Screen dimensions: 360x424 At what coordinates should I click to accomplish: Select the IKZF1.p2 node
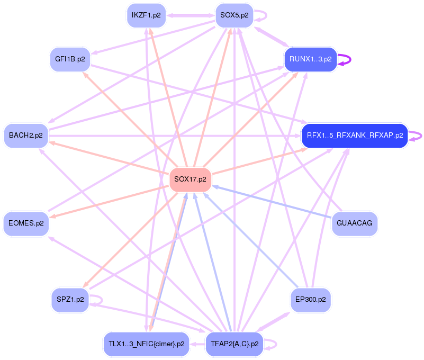tap(146, 15)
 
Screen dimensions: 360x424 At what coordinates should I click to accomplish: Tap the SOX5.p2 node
tap(234, 15)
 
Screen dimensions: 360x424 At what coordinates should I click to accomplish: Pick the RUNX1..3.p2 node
tap(311, 59)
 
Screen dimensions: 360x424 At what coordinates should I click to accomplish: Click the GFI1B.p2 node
tap(70, 59)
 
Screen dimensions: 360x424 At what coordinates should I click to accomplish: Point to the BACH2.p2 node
tap(25, 136)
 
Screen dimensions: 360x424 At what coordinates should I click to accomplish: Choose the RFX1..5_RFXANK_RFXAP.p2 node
tap(355, 136)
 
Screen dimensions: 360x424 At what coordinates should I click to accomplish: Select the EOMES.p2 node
tap(26, 223)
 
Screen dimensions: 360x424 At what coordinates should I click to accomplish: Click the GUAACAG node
tap(354, 223)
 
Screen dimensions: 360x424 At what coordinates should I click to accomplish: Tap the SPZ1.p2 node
tap(70, 300)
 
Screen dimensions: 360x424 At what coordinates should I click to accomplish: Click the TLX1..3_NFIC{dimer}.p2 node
tap(146, 344)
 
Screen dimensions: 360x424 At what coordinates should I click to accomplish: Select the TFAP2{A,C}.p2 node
tap(234, 344)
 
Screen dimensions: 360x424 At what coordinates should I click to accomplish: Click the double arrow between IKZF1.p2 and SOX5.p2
tap(191, 15)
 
